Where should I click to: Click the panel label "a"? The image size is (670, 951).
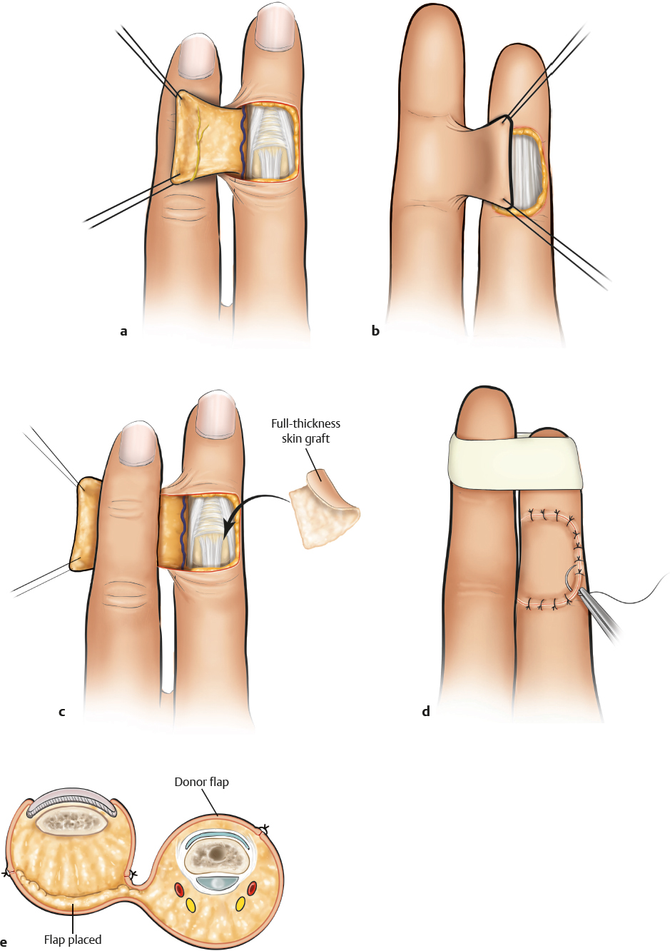(x=123, y=331)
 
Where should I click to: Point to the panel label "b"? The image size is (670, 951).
(x=375, y=331)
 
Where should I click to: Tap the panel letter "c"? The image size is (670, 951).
(x=62, y=712)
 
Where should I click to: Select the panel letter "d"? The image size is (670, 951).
(x=426, y=712)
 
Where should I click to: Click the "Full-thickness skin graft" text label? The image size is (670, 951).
(x=305, y=431)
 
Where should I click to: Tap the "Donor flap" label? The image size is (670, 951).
(x=201, y=782)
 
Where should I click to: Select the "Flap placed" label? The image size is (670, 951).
(x=73, y=940)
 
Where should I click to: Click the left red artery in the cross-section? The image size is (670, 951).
(x=179, y=889)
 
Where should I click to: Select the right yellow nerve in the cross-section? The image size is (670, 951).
(x=240, y=904)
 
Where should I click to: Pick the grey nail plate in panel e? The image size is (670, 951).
(x=72, y=800)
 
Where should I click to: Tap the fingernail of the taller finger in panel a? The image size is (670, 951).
(x=275, y=26)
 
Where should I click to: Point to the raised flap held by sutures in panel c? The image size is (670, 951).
(x=84, y=525)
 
